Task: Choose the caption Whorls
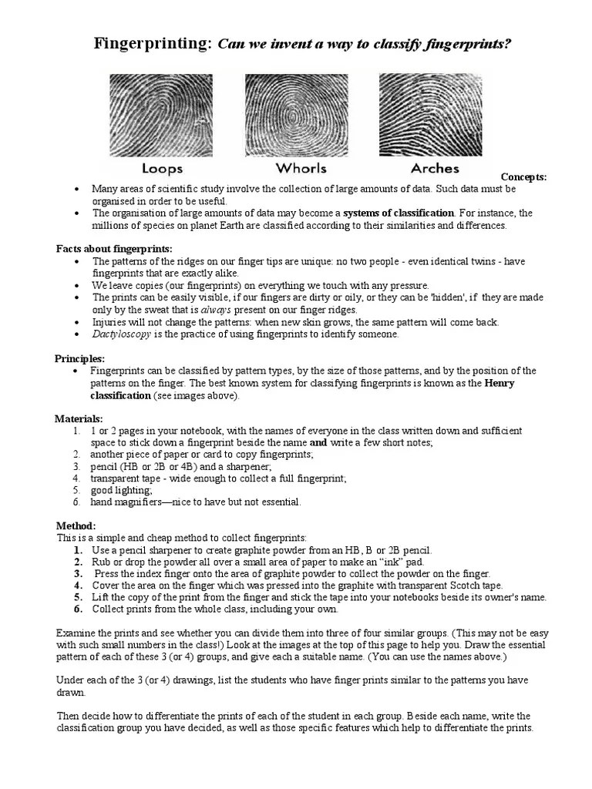click(301, 168)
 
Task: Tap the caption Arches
click(435, 168)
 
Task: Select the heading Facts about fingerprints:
click(114, 249)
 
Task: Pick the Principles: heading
click(79, 358)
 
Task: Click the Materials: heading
click(79, 418)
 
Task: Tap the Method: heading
click(76, 525)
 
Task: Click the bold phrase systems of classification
click(399, 213)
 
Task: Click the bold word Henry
click(499, 383)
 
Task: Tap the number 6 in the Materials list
click(77, 502)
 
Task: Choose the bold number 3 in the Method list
click(78, 574)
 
